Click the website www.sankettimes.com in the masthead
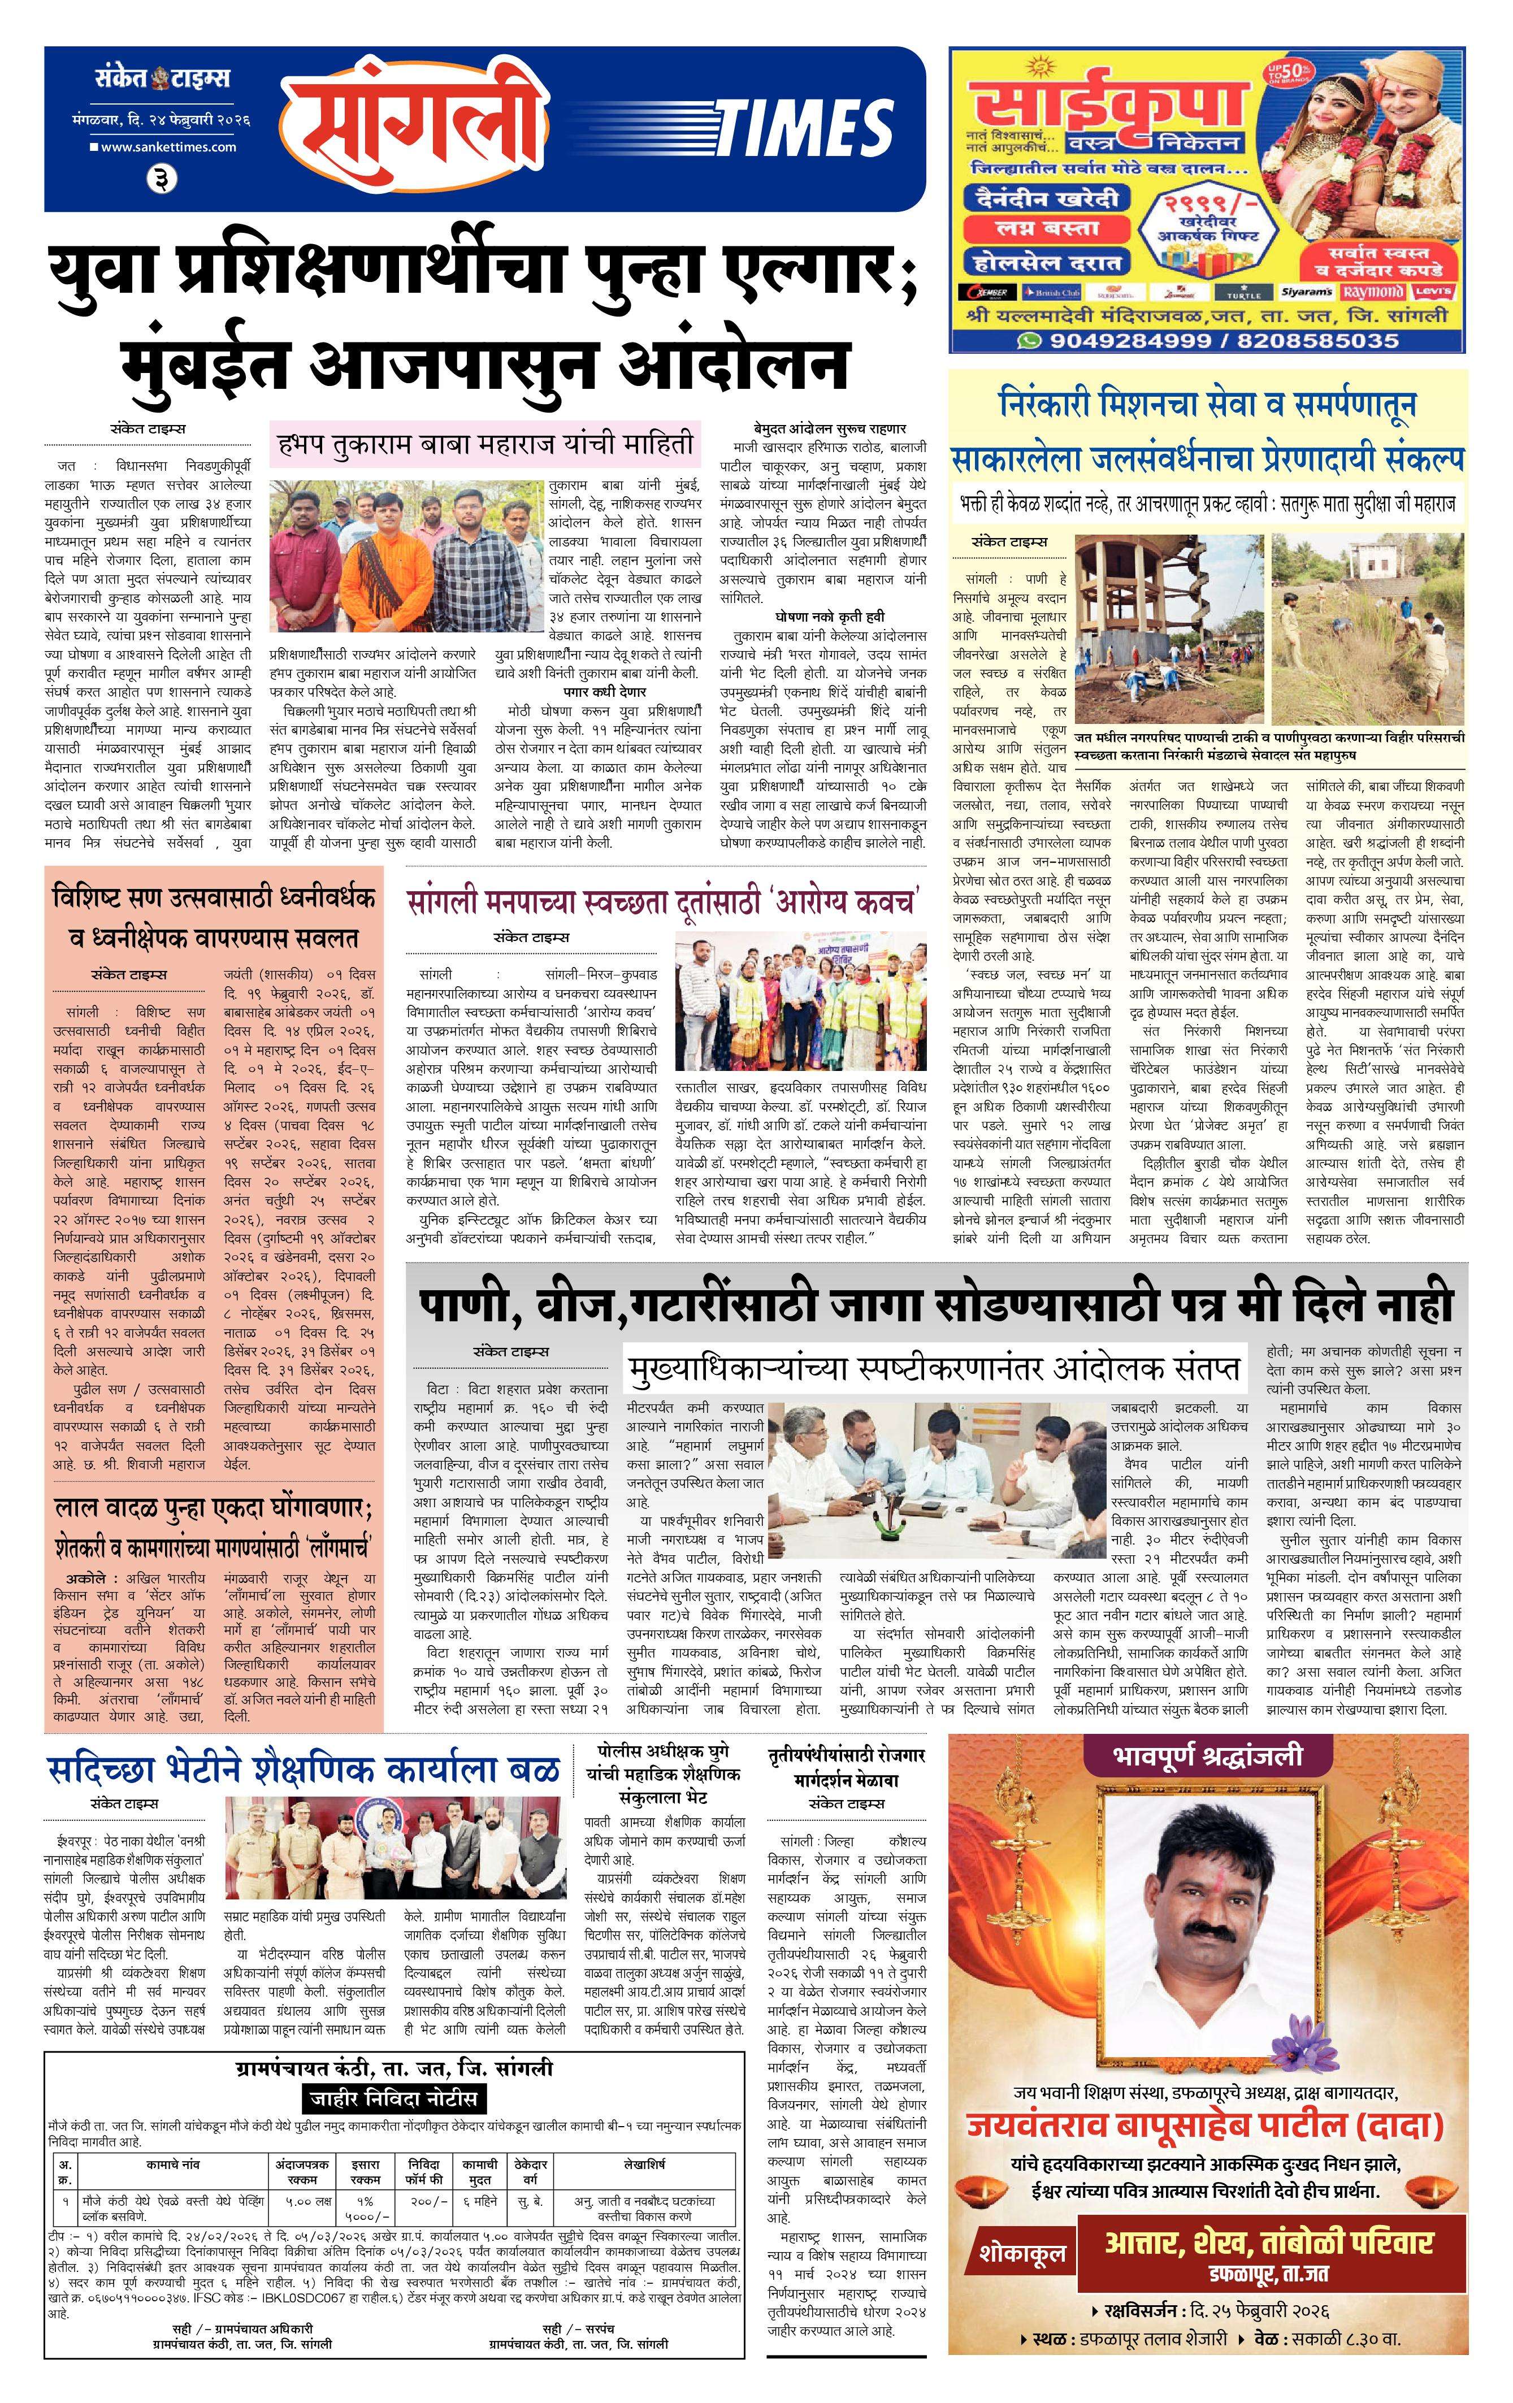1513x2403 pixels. (x=168, y=147)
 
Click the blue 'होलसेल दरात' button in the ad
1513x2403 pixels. (x=1044, y=262)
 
